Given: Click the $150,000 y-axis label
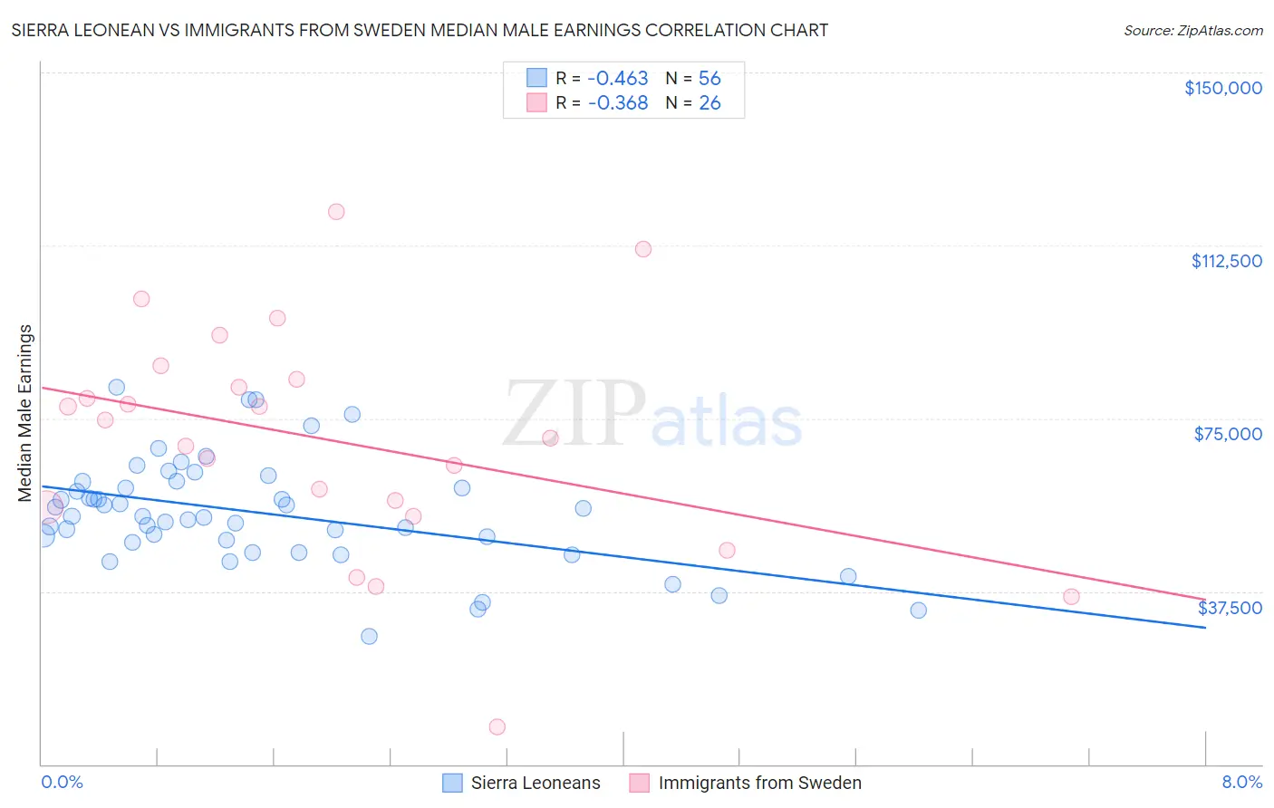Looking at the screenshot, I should [x=1222, y=88].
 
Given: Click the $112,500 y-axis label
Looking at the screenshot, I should [x=1226, y=261].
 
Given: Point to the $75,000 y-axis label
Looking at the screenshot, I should [x=1228, y=434].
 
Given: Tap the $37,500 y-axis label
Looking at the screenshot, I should [x=1230, y=608].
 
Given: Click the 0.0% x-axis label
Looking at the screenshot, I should [x=62, y=782].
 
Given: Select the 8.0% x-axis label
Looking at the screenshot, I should [x=1241, y=782].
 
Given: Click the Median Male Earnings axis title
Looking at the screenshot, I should [x=25, y=412].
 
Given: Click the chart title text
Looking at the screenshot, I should [x=420, y=30].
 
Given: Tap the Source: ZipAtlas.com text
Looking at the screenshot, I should [x=1192, y=31].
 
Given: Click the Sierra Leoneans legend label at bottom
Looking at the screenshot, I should [x=535, y=783].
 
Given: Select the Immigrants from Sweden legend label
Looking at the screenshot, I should [x=759, y=783].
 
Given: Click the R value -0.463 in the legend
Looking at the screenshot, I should [x=618, y=79].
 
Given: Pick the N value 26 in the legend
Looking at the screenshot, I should [x=709, y=103].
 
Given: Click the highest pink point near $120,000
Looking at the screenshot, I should [x=336, y=212].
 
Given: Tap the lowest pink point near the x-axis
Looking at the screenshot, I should [x=497, y=726].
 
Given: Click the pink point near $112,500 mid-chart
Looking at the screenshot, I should [x=643, y=249].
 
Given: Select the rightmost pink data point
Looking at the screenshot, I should [x=1071, y=596].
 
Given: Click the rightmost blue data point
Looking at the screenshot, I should [x=918, y=611].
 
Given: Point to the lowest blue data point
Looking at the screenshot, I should [x=369, y=636].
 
